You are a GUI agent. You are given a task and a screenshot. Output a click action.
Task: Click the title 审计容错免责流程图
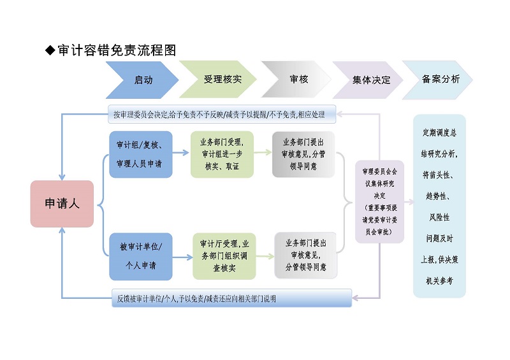pyautogui.click(x=117, y=50)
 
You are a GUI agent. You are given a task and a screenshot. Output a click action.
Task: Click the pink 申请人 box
pyautogui.click(x=62, y=204)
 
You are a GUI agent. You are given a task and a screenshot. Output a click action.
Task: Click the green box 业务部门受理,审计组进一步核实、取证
pyautogui.click(x=222, y=154)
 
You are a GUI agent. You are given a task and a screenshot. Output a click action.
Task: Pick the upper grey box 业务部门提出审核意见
pyautogui.click(x=303, y=154)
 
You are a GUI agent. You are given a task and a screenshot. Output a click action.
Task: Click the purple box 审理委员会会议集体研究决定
pyautogui.click(x=379, y=201)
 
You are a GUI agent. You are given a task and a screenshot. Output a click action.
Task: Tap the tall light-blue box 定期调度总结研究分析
pyautogui.click(x=439, y=206)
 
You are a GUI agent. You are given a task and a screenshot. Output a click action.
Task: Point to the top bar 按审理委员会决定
pyautogui.click(x=220, y=115)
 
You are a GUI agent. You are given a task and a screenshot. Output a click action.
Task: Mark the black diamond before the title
pyautogui.click(x=50, y=50)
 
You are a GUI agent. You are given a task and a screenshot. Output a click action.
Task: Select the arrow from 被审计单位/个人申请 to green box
pyautogui.click(x=182, y=257)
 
